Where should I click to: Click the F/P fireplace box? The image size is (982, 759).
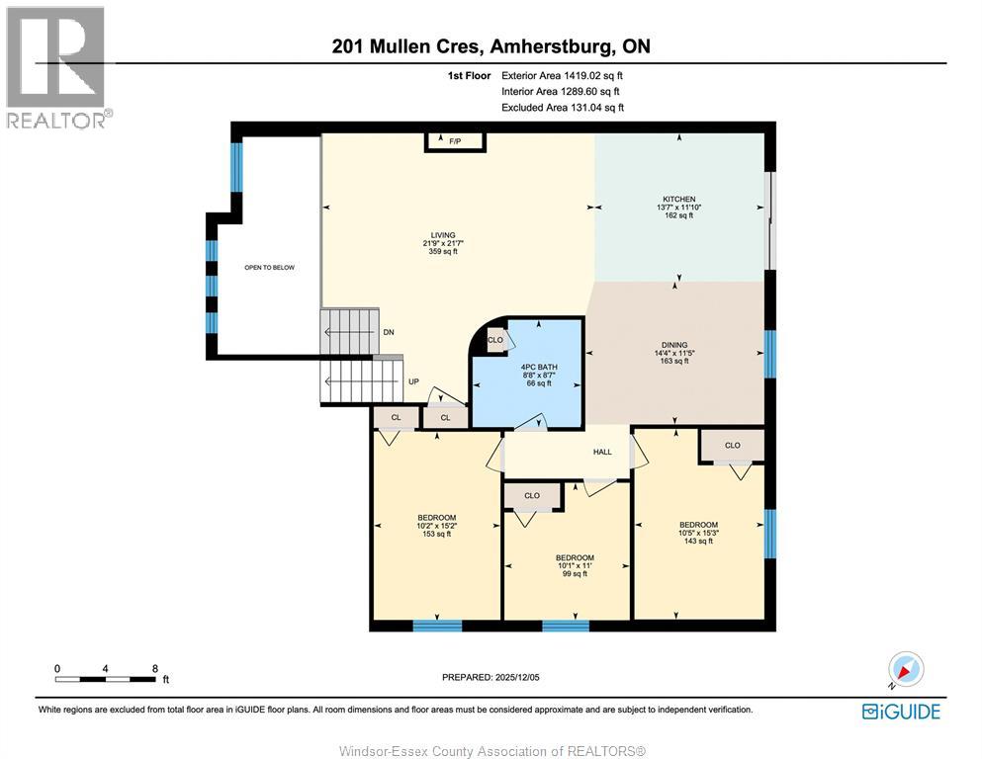point(455,141)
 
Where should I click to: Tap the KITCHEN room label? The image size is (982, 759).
point(678,199)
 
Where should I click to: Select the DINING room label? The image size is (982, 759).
point(674,345)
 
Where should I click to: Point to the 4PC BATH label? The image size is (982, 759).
point(539,368)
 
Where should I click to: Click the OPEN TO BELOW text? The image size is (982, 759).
point(269,267)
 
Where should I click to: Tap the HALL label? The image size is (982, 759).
point(602,452)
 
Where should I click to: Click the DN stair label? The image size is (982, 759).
point(389,332)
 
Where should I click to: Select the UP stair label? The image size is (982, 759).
point(414,381)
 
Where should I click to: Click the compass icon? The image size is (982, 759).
point(906,669)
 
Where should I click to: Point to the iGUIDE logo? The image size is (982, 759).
point(901,712)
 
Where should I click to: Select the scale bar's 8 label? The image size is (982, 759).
point(155,668)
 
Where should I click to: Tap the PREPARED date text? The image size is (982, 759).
point(491,677)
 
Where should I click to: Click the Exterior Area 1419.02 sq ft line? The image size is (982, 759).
point(562,76)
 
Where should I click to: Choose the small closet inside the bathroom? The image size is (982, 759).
point(495,340)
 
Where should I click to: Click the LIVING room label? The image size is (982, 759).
point(443,235)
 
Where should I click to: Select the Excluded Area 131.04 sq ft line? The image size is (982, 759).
point(563,108)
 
